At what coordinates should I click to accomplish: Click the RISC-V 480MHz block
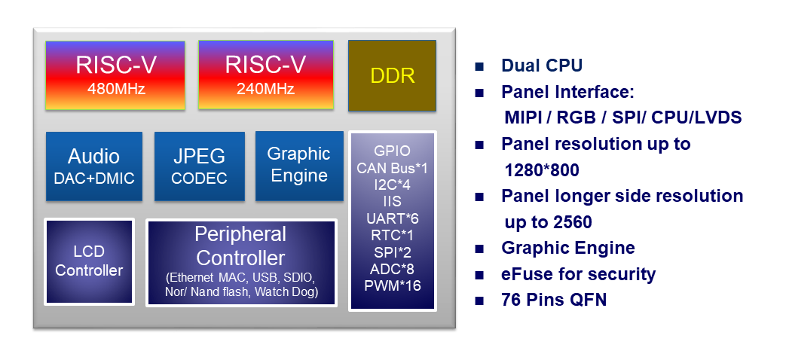(115, 75)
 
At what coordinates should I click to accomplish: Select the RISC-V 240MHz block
(265, 75)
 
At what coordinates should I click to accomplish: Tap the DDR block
(392, 76)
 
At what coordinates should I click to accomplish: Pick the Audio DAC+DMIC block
(93, 166)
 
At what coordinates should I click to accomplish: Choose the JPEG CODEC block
(199, 166)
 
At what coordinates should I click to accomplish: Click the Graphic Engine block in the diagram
(298, 165)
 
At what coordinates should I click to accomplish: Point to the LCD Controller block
(89, 261)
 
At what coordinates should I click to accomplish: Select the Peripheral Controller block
(241, 262)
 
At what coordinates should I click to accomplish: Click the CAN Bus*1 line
(392, 168)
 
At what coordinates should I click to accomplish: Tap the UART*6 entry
(392, 218)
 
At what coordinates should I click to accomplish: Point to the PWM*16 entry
(392, 286)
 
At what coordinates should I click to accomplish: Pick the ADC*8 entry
(392, 269)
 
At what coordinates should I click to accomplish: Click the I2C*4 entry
(392, 185)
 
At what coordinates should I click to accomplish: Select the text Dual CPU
(542, 66)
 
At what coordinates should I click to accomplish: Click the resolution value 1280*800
(541, 170)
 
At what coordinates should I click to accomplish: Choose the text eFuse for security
(578, 274)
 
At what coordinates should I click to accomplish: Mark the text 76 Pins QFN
(554, 300)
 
